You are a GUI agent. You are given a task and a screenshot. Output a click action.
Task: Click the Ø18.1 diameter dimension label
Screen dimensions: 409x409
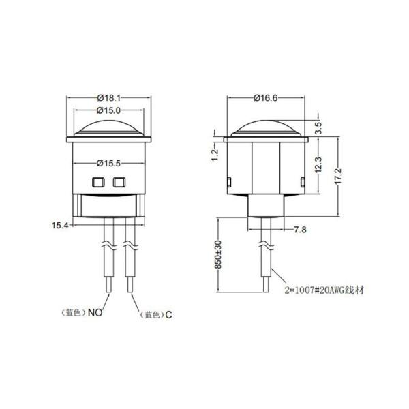109,97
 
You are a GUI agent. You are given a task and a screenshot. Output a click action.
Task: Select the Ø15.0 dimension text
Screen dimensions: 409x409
109,110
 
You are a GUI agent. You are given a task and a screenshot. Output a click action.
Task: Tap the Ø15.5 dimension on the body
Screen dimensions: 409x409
109,164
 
